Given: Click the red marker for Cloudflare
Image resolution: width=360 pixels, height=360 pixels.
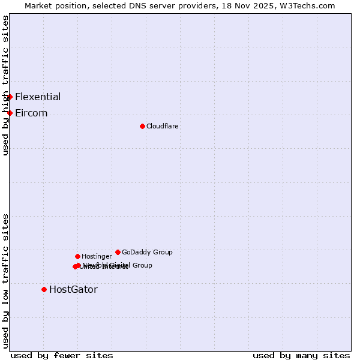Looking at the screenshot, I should (142, 126).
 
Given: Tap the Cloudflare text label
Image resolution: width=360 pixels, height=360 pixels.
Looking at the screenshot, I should (163, 126).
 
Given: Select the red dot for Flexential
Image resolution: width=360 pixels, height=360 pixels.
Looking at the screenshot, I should (10, 97).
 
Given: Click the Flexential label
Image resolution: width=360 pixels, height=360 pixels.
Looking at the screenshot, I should (38, 97).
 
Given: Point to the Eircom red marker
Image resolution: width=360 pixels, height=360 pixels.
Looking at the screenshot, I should (10, 113).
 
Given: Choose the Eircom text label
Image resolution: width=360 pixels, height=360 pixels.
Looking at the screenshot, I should (31, 113).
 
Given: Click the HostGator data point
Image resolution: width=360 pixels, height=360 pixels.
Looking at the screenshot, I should (44, 289).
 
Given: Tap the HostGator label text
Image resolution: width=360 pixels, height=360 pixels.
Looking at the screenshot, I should (73, 289).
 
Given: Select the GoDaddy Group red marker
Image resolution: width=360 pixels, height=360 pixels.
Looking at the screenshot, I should (118, 252).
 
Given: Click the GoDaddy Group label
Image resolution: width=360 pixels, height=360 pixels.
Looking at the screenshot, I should (147, 252).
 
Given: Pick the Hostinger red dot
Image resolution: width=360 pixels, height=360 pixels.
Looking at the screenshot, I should (77, 256).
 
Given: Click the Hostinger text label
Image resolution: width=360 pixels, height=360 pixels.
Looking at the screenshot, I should (97, 256).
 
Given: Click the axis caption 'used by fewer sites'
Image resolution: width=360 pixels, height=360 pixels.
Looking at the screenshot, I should (62, 355).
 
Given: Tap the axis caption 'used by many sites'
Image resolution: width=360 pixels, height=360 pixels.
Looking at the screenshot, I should (301, 355).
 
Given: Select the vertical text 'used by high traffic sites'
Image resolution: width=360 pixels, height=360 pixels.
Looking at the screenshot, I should (5, 86).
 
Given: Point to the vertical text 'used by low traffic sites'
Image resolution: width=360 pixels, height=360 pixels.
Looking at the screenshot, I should (5, 280).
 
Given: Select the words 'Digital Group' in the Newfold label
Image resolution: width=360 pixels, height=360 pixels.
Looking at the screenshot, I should (131, 265).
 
